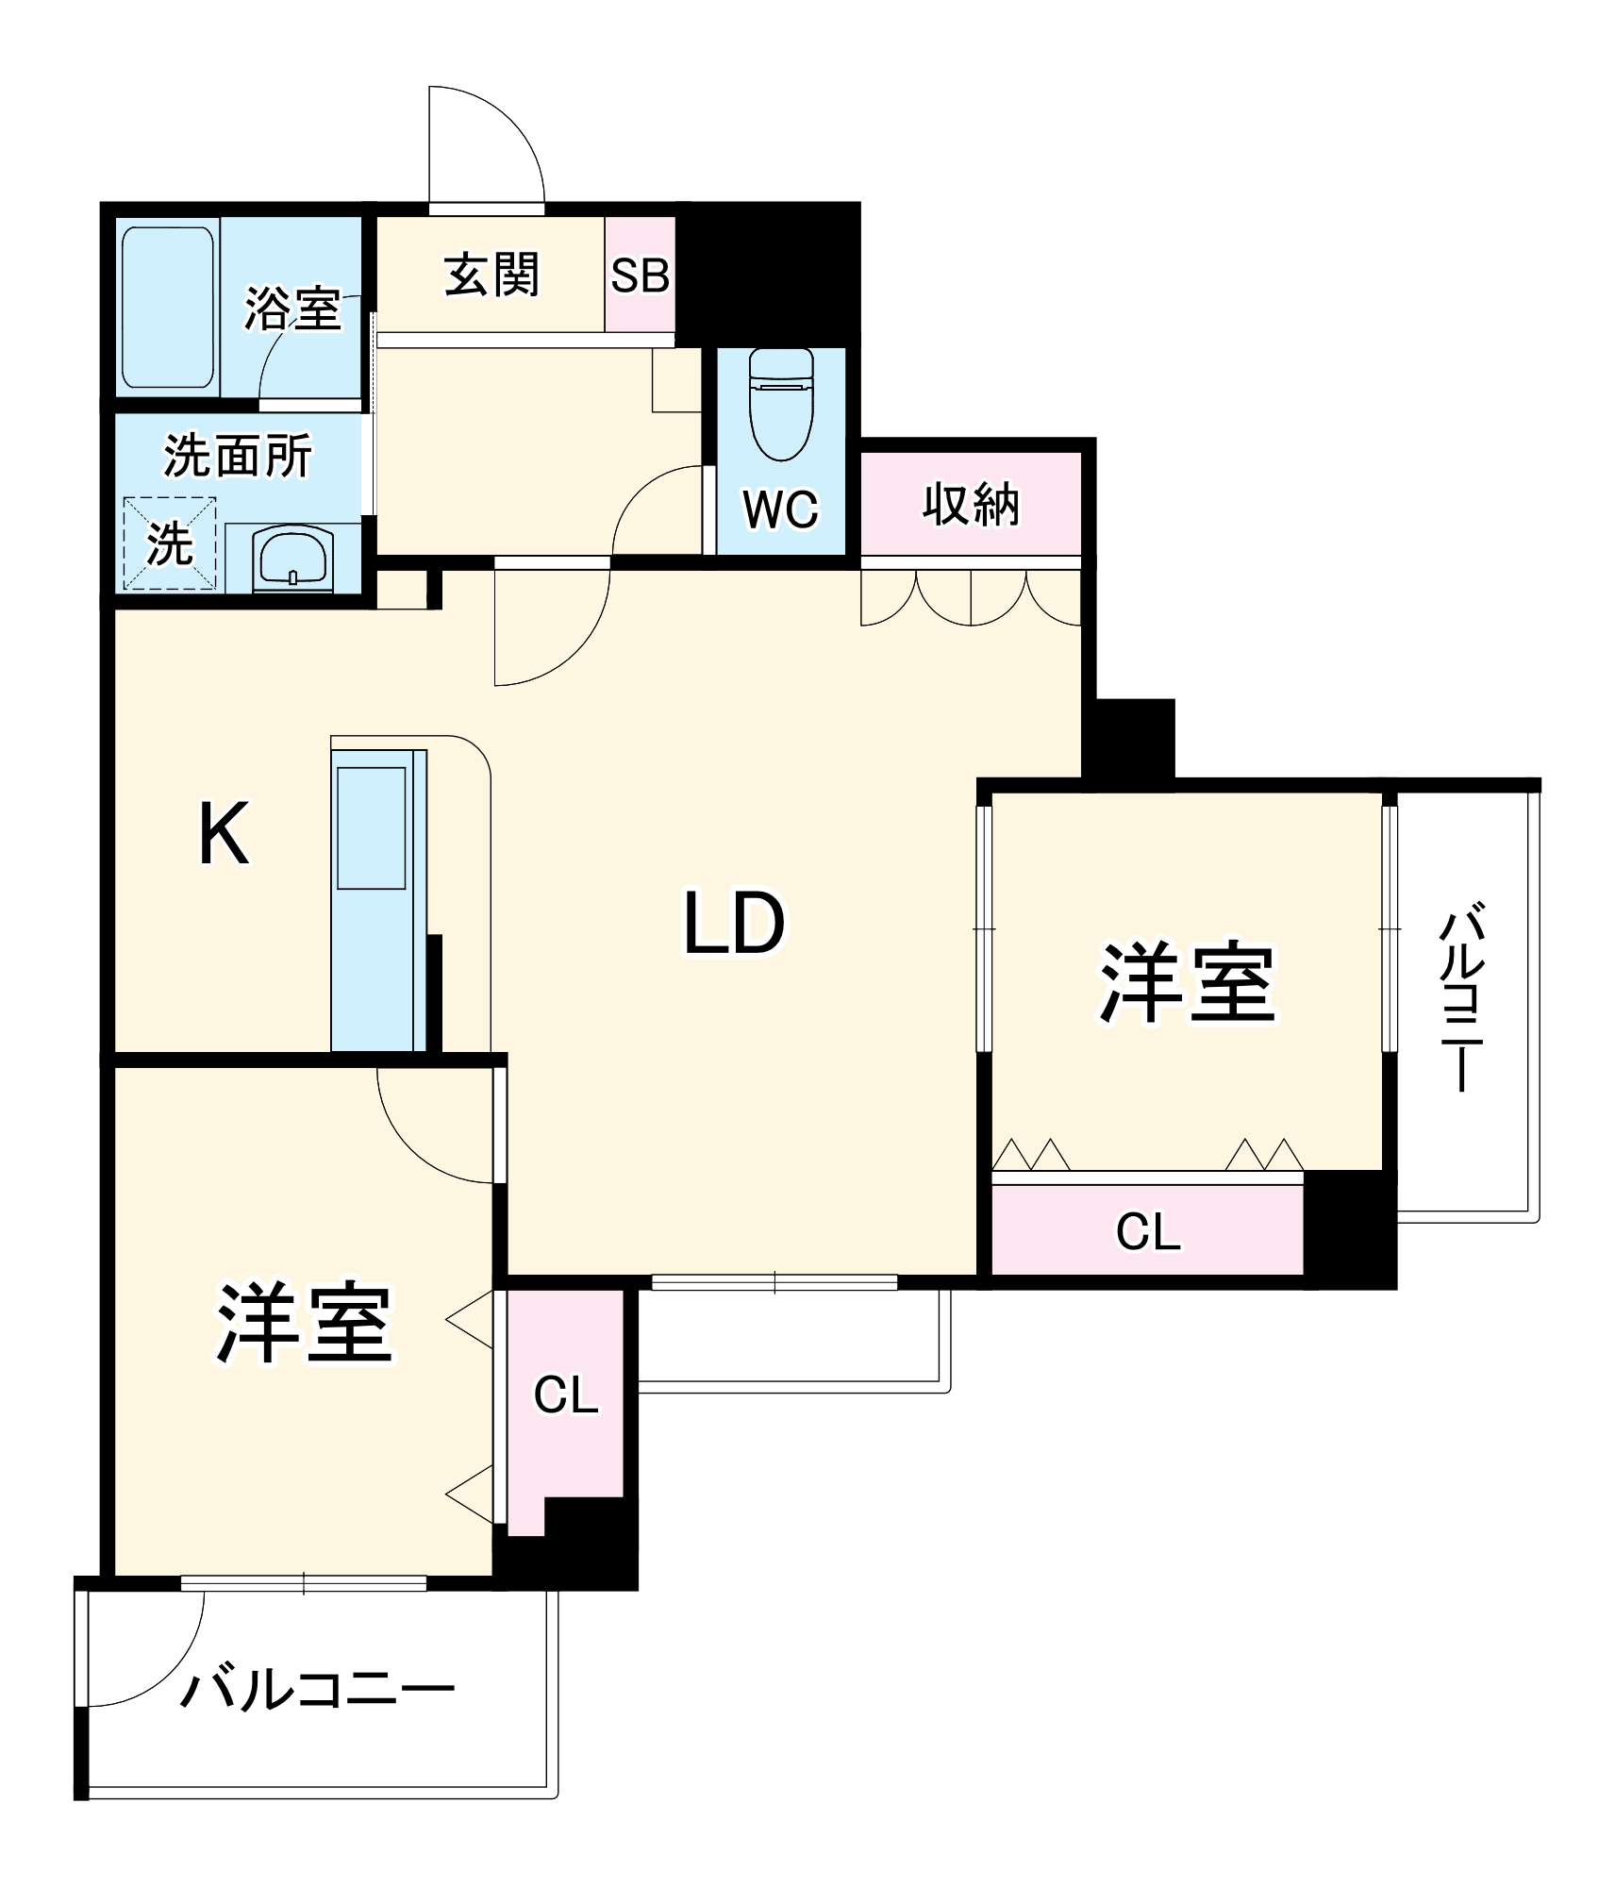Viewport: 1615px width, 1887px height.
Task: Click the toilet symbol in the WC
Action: coord(780,404)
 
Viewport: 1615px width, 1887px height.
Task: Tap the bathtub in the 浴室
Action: coord(167,307)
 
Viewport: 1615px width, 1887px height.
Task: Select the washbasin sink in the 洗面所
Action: coord(292,559)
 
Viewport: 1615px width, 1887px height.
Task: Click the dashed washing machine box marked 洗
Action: coord(170,543)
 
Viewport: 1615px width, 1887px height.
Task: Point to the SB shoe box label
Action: coord(640,276)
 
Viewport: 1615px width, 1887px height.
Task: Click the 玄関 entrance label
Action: coord(491,275)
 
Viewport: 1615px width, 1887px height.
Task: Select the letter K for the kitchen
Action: coord(224,833)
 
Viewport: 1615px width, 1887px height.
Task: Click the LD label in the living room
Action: coord(733,924)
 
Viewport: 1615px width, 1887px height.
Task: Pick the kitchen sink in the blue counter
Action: coord(371,827)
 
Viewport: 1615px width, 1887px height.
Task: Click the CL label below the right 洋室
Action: coord(1147,1231)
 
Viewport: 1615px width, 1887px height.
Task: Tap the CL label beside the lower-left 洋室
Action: coord(565,1394)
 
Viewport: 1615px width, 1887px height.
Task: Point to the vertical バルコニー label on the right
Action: coord(1461,996)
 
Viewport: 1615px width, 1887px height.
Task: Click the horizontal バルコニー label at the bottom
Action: coord(317,1689)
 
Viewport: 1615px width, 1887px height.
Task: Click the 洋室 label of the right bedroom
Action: coord(1187,982)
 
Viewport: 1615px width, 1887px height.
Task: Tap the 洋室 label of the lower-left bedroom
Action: coord(304,1324)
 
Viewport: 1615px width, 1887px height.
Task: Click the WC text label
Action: coord(780,509)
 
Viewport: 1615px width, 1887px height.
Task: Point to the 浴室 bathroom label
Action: coord(292,309)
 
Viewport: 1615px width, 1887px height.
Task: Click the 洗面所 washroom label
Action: coord(238,456)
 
